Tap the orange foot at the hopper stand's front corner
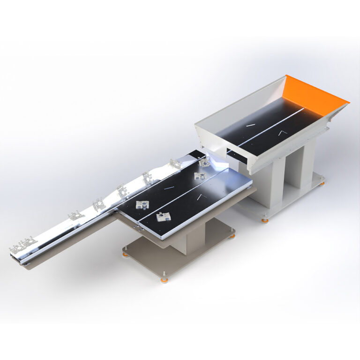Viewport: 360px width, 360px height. tap(265, 219)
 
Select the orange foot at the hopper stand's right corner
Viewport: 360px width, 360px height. tap(322, 183)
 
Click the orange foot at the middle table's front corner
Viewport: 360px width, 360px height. tap(164, 280)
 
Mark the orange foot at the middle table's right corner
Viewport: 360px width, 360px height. tap(232, 236)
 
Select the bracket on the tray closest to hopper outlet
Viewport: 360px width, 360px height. tap(205, 162)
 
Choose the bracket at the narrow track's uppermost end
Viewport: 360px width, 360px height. tap(175, 164)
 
